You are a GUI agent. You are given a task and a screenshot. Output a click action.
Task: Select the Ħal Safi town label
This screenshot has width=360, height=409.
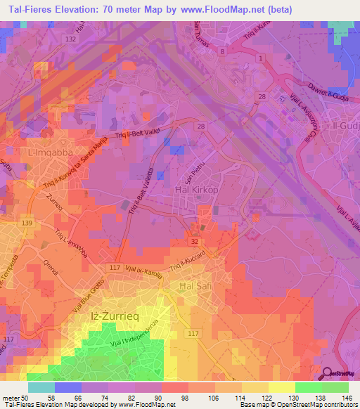(195, 287)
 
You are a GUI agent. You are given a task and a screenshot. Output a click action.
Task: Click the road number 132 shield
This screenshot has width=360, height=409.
(70, 39)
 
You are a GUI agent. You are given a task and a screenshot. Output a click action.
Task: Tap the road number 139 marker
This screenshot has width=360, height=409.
(27, 223)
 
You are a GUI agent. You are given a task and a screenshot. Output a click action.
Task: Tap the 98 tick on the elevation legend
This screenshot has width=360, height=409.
(188, 397)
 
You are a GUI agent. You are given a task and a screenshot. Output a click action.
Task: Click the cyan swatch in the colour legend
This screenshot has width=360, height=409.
(41, 387)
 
